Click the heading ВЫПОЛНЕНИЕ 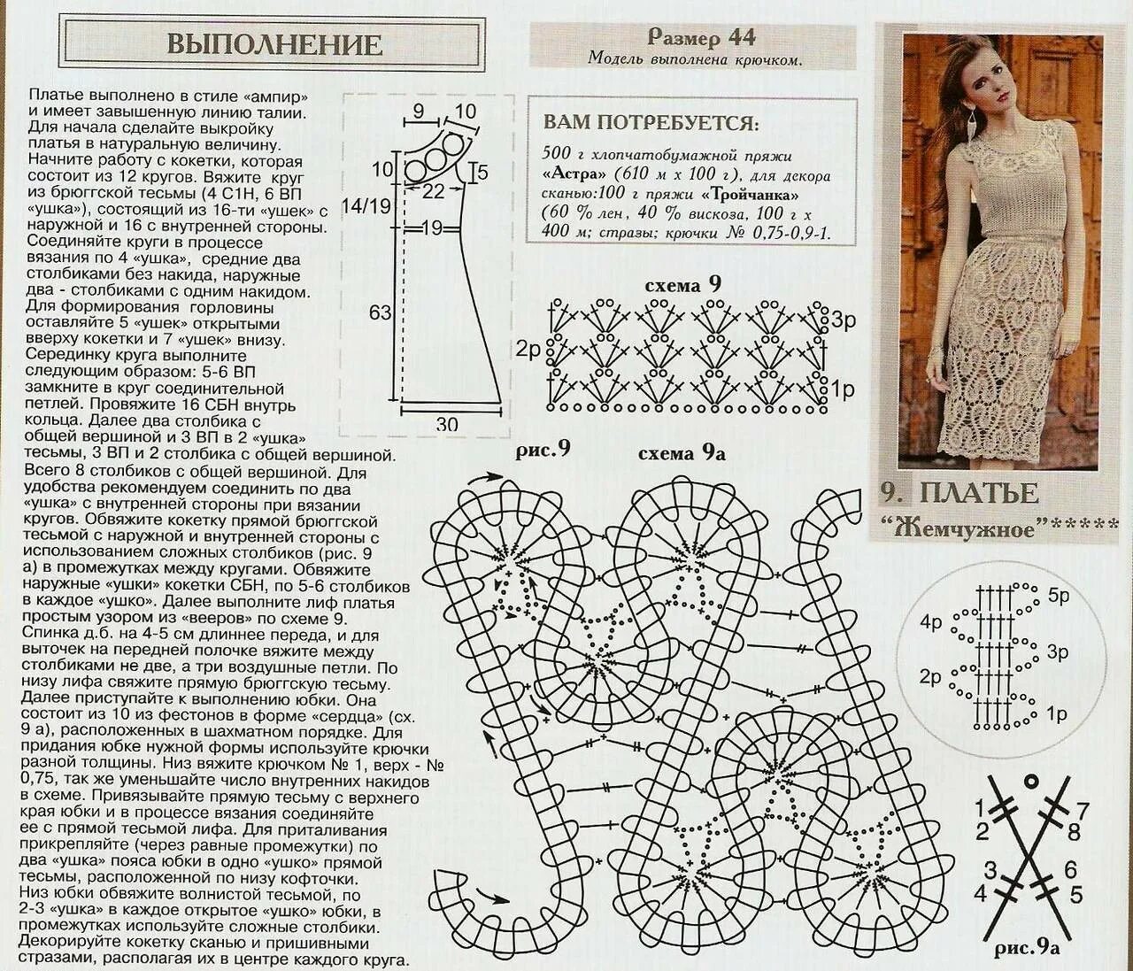pos(274,44)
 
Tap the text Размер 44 pos(701,37)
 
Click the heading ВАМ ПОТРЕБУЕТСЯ pos(651,121)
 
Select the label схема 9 pos(683,285)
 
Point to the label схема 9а pos(682,453)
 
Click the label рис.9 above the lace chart pos(543,450)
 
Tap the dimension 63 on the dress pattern pos(381,312)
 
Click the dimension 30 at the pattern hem pos(447,425)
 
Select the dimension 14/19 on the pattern pos(365,206)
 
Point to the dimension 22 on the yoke pos(433,190)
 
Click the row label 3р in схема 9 pos(843,320)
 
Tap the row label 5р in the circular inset pos(1058,595)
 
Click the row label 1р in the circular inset pos(1056,713)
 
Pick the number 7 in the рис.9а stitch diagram pos(1082,810)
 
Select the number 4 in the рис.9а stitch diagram pos(980,894)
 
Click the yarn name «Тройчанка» pos(751,195)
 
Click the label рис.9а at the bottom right pos(1027,949)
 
